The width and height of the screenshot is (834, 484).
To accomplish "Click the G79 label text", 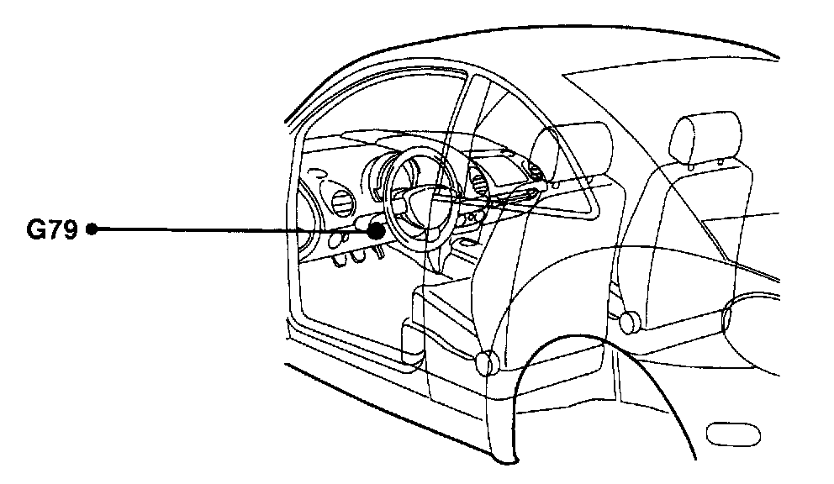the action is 52,229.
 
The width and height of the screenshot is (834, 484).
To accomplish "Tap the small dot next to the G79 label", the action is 92,229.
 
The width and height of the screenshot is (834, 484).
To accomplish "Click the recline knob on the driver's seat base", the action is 485,363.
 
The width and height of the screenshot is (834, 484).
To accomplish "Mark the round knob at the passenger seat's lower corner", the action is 627,321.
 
